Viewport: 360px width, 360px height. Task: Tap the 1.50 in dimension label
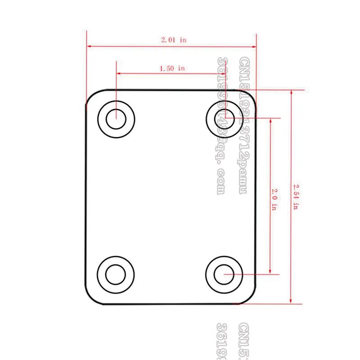click(x=172, y=68)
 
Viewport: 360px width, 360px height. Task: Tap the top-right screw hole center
click(x=224, y=118)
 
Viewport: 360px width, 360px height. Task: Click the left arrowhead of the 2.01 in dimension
click(x=89, y=46)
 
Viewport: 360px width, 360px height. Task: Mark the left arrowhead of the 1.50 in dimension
click(x=119, y=73)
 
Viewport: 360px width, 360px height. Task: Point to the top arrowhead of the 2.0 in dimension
click(x=270, y=121)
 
